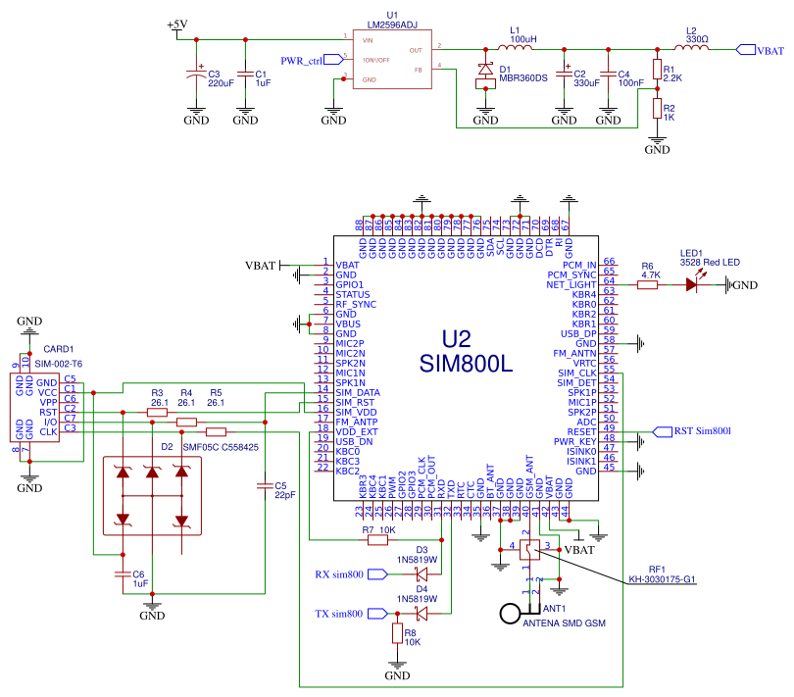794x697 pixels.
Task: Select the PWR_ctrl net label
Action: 302,61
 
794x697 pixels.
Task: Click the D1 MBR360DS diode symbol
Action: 485,72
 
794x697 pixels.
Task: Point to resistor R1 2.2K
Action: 657,69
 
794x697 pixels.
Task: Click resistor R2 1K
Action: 657,108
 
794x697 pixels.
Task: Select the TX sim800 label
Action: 339,614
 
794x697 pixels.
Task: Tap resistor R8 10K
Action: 397,633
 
